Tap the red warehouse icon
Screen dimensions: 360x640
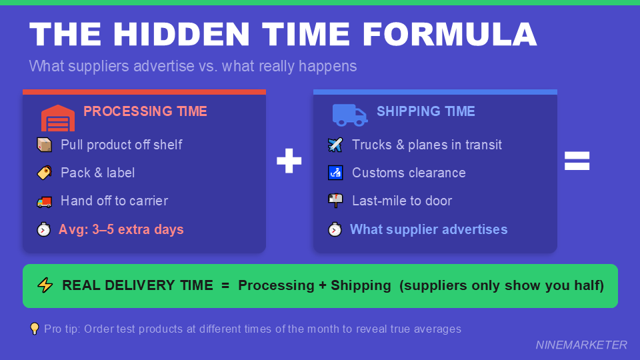click(x=58, y=117)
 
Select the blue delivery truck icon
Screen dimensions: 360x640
click(x=349, y=115)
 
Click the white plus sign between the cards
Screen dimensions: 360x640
click(x=289, y=161)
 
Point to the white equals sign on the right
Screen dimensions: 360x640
click(x=577, y=161)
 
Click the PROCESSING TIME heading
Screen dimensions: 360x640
click(x=145, y=111)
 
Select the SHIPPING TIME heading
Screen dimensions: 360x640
click(x=425, y=111)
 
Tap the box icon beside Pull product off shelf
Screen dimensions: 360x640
click(x=44, y=145)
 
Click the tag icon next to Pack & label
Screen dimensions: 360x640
click(x=44, y=173)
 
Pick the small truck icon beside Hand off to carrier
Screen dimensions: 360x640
click(x=44, y=201)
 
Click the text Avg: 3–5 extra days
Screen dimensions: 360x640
click(x=121, y=229)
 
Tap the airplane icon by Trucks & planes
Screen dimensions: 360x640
click(x=335, y=145)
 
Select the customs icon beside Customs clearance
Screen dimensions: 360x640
click(x=335, y=173)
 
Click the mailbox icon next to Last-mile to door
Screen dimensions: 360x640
click(x=335, y=201)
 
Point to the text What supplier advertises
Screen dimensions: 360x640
click(x=429, y=229)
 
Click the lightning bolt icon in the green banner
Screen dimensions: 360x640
click(x=45, y=285)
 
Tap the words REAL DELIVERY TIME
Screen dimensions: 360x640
click(x=137, y=285)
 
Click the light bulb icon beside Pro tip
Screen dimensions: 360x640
click(x=35, y=329)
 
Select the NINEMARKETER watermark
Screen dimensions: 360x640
click(x=581, y=345)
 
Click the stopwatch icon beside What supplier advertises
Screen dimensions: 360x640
click(x=335, y=229)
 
